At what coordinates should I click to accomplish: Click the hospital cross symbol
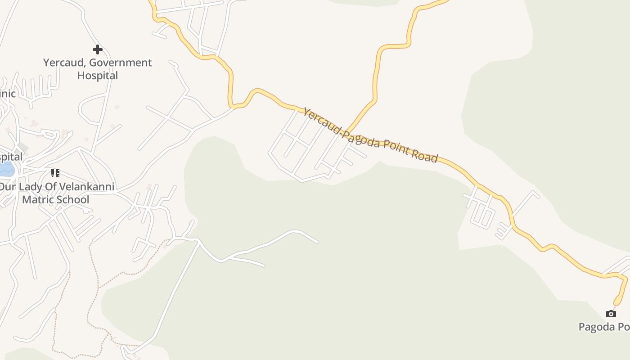tap(97, 49)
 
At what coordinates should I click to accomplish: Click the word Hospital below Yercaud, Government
tap(97, 75)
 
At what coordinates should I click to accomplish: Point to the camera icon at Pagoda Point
tap(611, 314)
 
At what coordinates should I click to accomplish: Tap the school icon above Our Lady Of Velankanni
tap(55, 173)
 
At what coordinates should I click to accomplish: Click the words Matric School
tap(56, 199)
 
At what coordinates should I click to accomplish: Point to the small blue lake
tap(6, 170)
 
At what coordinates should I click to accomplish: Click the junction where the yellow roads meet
tap(348, 131)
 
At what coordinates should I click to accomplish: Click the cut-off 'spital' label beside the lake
tap(11, 157)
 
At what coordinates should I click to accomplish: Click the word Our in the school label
tap(6, 187)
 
